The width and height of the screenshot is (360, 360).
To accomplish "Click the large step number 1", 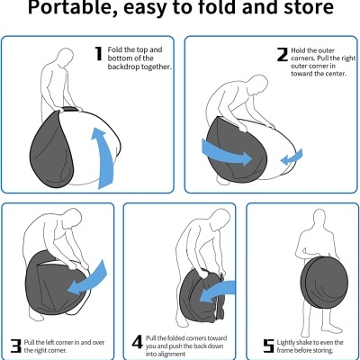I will point(98,55).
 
